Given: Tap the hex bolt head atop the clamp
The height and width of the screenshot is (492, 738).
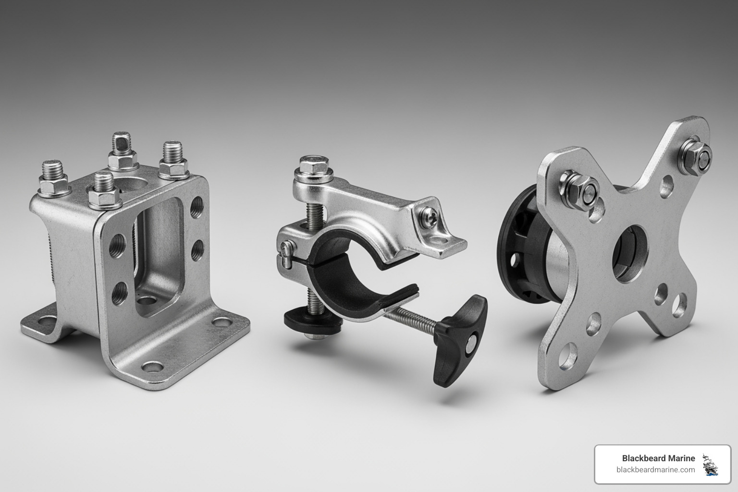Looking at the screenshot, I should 314,165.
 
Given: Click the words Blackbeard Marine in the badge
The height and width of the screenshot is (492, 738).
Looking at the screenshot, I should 658,458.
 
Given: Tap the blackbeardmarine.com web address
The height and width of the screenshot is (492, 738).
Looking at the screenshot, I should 655,470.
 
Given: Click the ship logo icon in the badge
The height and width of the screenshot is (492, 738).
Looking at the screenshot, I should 709,464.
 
